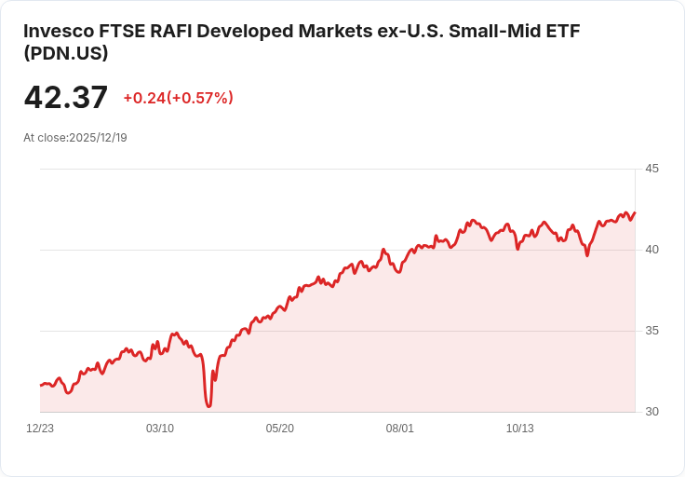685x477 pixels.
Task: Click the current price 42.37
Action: pyautogui.click(x=65, y=97)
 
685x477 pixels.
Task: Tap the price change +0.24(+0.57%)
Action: pyautogui.click(x=178, y=98)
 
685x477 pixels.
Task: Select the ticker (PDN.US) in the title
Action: pyautogui.click(x=66, y=54)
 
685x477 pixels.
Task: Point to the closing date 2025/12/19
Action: pyautogui.click(x=98, y=137)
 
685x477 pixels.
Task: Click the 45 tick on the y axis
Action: pyautogui.click(x=651, y=169)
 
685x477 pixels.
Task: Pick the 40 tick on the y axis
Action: pyautogui.click(x=651, y=250)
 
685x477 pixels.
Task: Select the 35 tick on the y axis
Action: pyautogui.click(x=651, y=331)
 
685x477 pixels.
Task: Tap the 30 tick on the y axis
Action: pyautogui.click(x=651, y=412)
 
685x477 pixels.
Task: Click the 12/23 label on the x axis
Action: pyautogui.click(x=40, y=429)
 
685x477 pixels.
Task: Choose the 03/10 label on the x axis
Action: pyautogui.click(x=160, y=429)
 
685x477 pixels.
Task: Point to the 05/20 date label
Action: pyautogui.click(x=280, y=429)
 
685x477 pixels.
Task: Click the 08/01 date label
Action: pyautogui.click(x=399, y=429)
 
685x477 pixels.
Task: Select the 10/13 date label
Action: pyautogui.click(x=519, y=429)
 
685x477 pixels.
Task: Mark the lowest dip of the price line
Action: pyautogui.click(x=209, y=406)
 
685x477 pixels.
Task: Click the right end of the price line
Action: pyautogui.click(x=635, y=212)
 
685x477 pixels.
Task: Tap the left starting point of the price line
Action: pyautogui.click(x=40, y=385)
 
